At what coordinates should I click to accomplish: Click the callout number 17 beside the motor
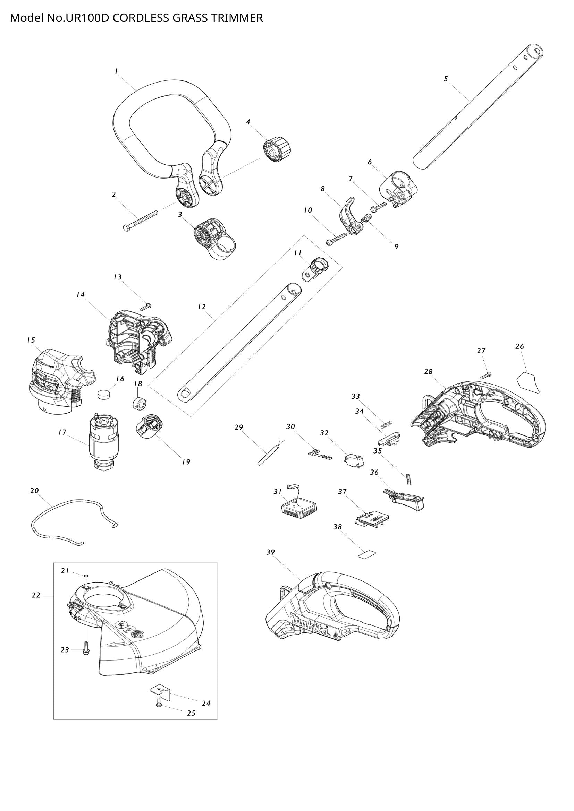tap(62, 432)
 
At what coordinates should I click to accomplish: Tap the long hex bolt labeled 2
tap(140, 220)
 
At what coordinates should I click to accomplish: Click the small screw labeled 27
tap(486, 375)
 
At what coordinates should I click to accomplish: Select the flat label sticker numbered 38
tap(367, 555)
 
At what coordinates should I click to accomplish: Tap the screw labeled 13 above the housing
tap(146, 307)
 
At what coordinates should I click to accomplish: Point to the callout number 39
tap(270, 552)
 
